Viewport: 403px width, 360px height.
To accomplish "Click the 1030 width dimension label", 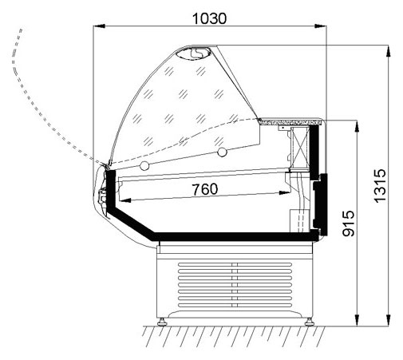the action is coord(209,18).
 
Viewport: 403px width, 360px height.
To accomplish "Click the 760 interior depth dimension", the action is coord(205,189).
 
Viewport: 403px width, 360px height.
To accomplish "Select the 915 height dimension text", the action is coord(348,224).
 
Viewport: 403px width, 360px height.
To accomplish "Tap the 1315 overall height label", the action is coord(379,186).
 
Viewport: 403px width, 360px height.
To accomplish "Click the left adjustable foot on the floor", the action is coord(162,322).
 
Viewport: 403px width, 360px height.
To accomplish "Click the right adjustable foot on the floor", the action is coord(310,322).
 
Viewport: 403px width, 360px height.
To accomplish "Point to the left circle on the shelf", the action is coord(144,166).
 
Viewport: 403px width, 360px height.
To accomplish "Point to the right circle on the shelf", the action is coord(222,152).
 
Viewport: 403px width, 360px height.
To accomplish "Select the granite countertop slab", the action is coord(292,121).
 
